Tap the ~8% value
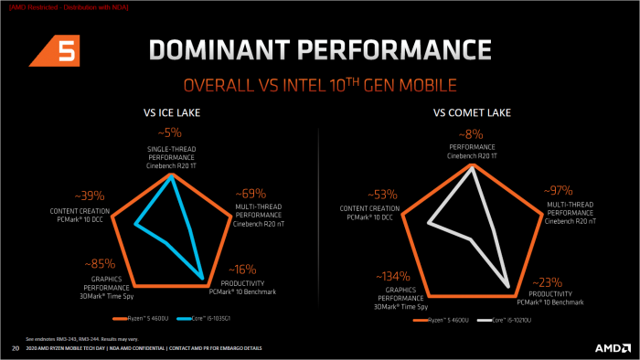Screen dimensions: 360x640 (473, 132)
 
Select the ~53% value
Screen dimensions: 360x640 (382, 195)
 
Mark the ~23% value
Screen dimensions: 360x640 (549, 282)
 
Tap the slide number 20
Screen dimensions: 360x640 (15, 348)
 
